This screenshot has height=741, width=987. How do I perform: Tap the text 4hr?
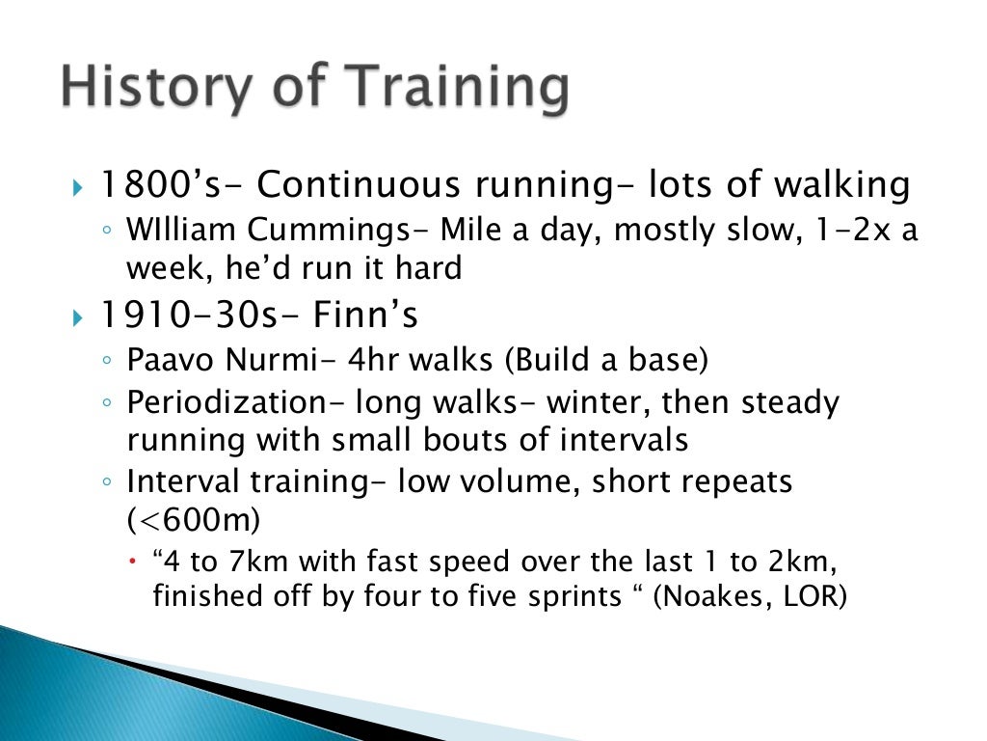369,361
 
